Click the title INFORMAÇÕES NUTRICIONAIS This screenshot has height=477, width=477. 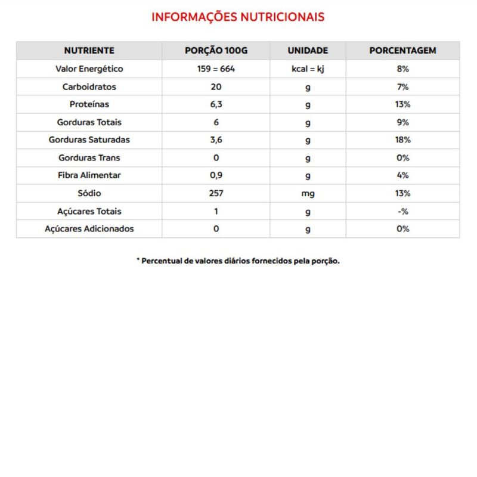click(x=238, y=17)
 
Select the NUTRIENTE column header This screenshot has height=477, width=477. click(x=89, y=51)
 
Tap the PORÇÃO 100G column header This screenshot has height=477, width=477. click(x=216, y=51)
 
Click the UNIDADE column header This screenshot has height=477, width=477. click(x=308, y=51)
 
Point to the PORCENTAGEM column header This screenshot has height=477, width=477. click(x=402, y=51)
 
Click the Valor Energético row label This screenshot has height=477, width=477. click(x=89, y=69)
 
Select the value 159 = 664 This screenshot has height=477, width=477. click(x=216, y=69)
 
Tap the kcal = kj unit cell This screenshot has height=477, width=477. click(x=308, y=69)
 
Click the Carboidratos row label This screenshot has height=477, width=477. click(x=89, y=86)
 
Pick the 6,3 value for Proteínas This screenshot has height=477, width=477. click(x=216, y=104)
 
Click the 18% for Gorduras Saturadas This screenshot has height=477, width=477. click(x=402, y=140)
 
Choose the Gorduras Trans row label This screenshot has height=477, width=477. click(x=89, y=158)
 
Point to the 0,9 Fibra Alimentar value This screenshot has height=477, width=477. click(x=216, y=175)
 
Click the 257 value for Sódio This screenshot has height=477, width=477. click(x=216, y=193)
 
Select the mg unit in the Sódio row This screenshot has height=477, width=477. click(x=308, y=193)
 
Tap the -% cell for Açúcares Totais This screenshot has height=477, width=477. click(x=402, y=211)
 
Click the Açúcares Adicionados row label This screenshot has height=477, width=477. click(x=89, y=229)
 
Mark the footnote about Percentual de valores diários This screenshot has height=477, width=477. click(x=238, y=261)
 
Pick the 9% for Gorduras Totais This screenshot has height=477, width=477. click(x=402, y=122)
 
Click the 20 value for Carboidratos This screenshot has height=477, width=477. click(x=216, y=86)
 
